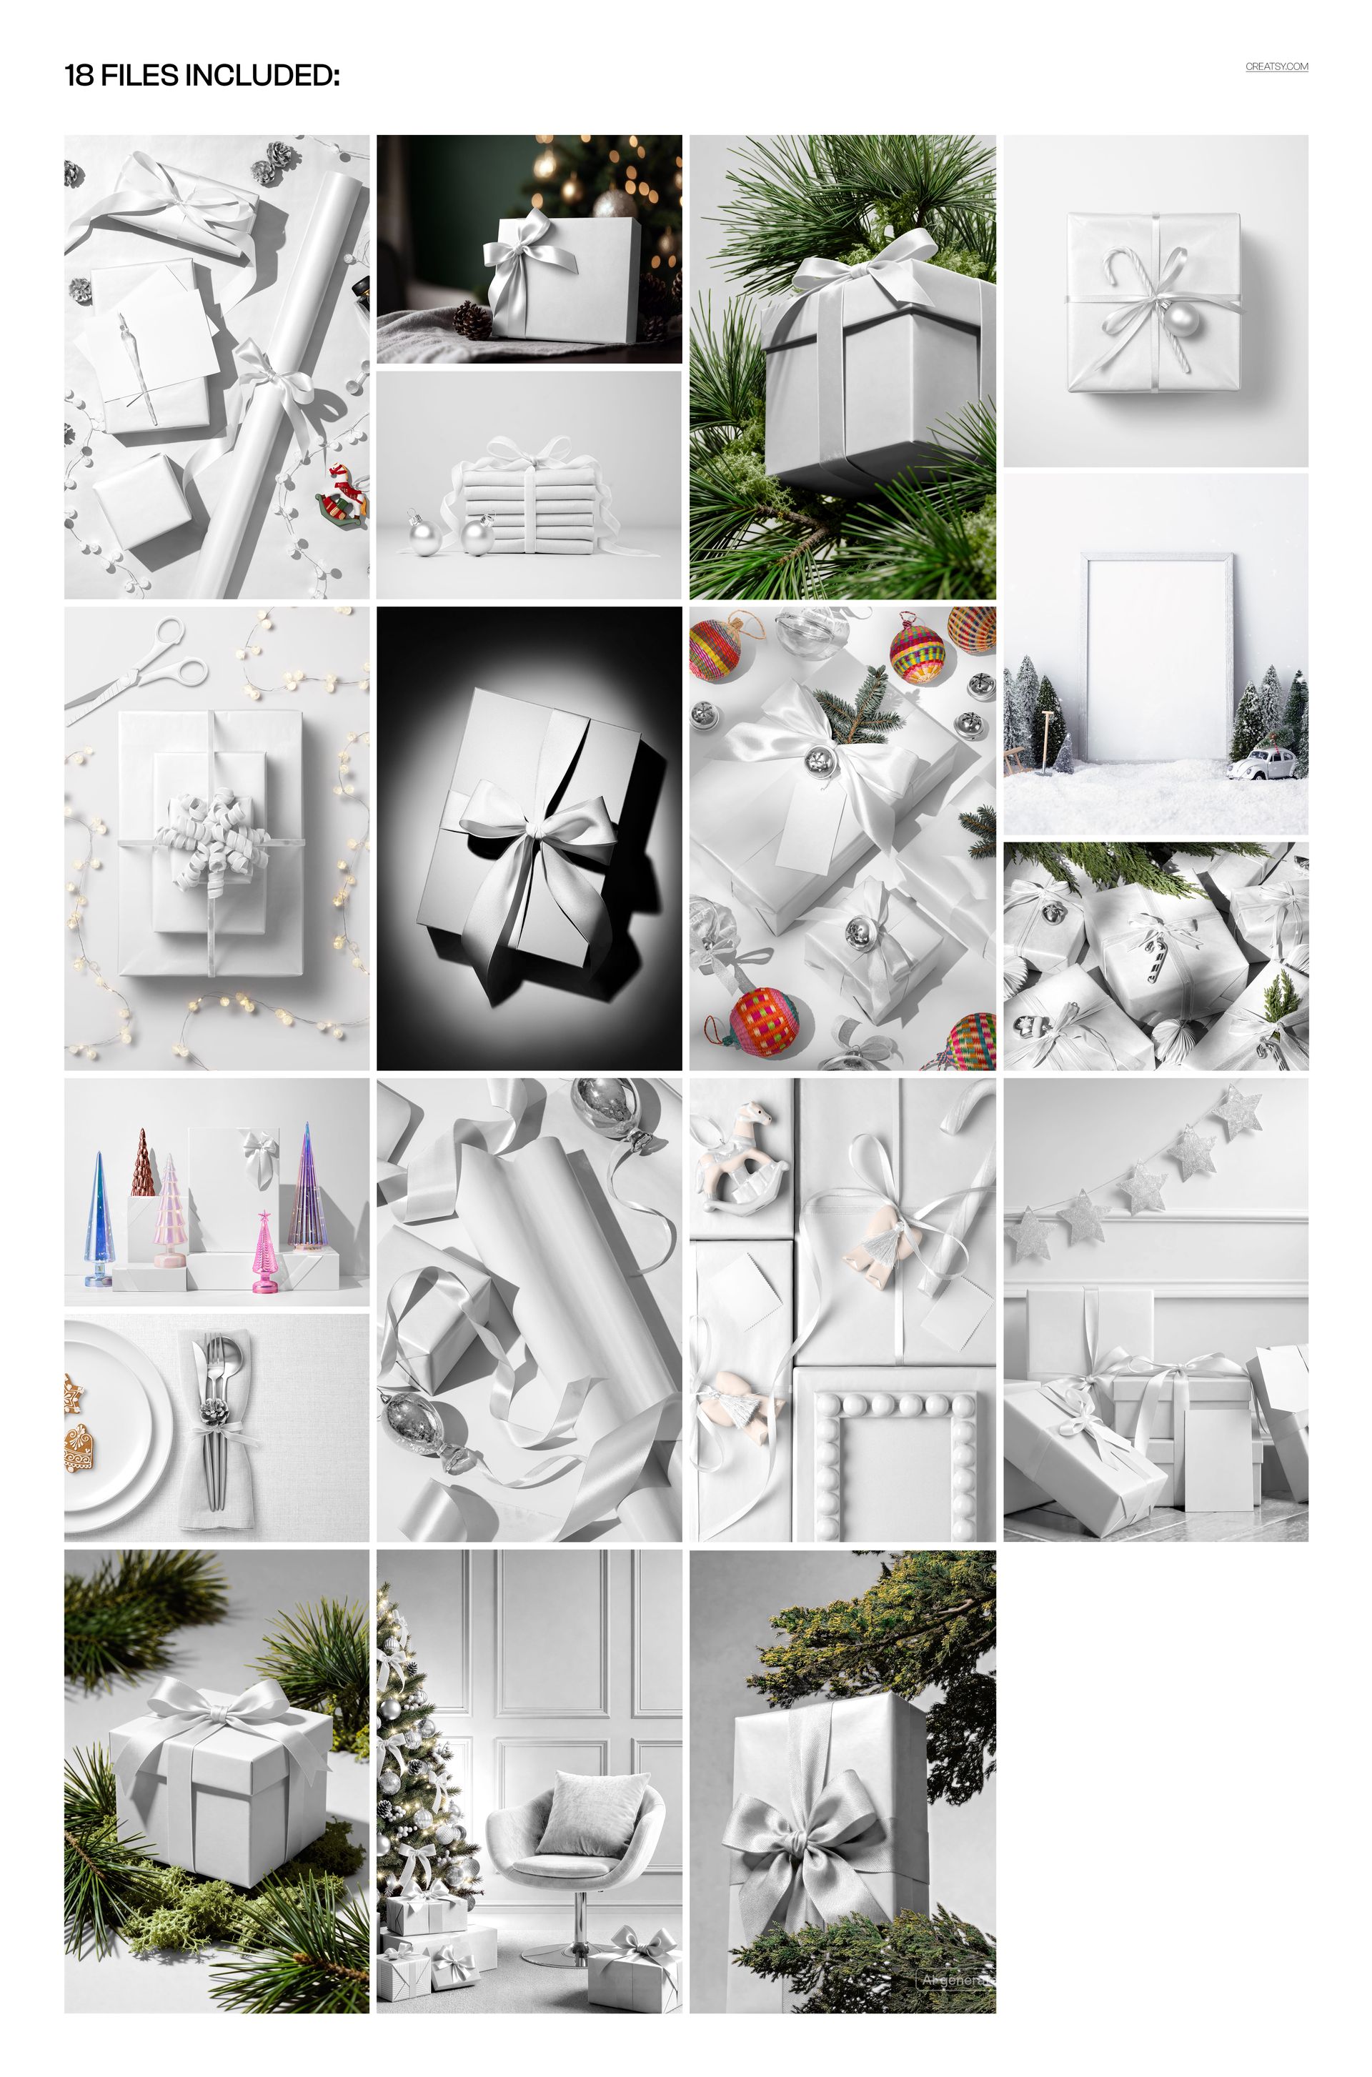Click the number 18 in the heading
pos(79,76)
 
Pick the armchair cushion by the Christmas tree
pos(592,1809)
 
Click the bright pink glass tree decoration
pos(262,1253)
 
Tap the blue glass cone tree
pos(99,1221)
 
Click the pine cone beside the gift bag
pos(472,320)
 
